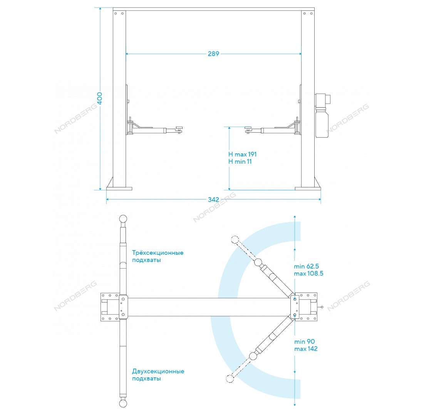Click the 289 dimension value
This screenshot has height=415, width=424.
pyautogui.click(x=213, y=54)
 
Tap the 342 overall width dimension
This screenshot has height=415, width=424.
pyautogui.click(x=213, y=199)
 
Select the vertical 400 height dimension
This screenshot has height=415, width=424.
pyautogui.click(x=99, y=99)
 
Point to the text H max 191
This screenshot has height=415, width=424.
pyautogui.click(x=242, y=154)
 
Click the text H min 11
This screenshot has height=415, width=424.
pyautogui.click(x=240, y=162)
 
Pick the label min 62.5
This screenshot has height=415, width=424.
pyautogui.click(x=307, y=266)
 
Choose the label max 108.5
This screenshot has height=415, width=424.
pyautogui.click(x=308, y=273)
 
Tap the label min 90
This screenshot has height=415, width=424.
pyautogui.click(x=305, y=342)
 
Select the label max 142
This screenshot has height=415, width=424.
pyautogui.click(x=306, y=349)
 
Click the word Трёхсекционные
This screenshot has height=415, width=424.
pyautogui.click(x=158, y=253)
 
